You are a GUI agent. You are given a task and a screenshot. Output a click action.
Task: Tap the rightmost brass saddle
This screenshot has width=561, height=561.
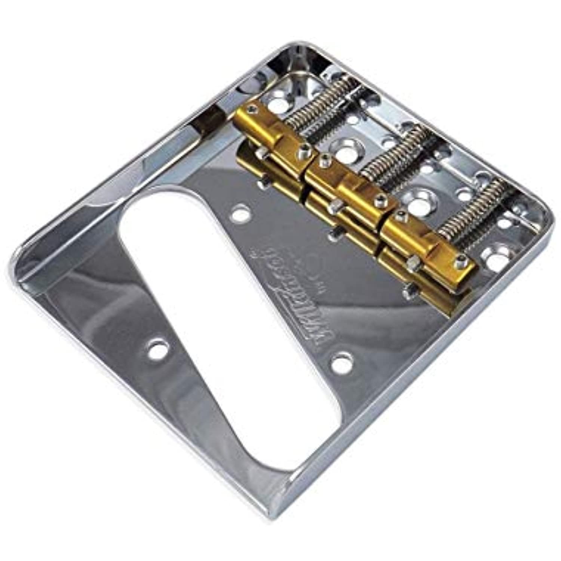click(x=426, y=239)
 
